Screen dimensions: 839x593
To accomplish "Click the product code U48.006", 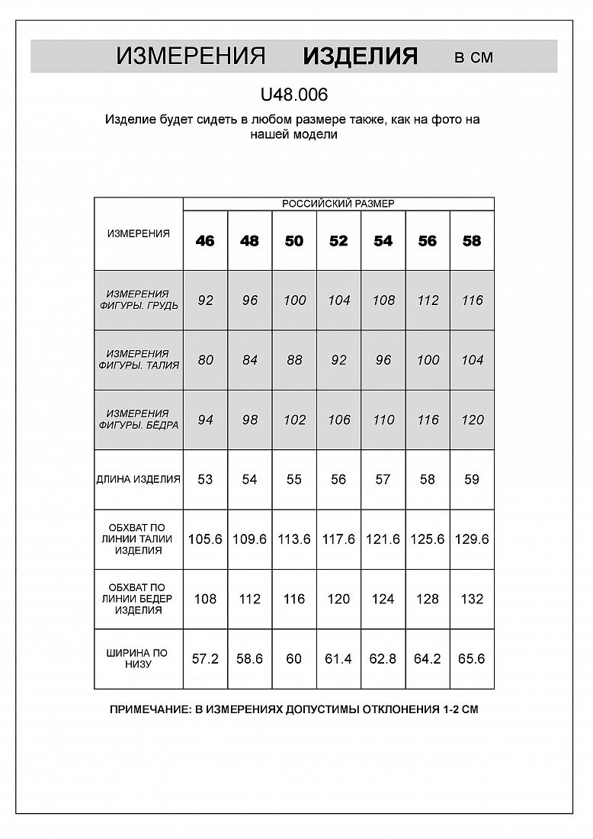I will tap(294, 95).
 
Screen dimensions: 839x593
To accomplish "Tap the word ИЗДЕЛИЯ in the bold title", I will tap(360, 56).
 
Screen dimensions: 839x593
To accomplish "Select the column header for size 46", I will tap(205, 241).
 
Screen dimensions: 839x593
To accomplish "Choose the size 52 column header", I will tap(338, 241).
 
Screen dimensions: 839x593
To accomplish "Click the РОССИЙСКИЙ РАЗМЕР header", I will tap(338, 204).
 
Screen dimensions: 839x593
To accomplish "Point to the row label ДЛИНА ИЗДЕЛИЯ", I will tap(139, 480).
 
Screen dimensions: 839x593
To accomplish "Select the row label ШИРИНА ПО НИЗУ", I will tap(139, 659).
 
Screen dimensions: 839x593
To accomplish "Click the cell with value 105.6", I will tap(205, 539).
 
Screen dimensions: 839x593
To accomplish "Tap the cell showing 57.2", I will tap(205, 659).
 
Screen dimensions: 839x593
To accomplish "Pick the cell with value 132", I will tap(473, 600).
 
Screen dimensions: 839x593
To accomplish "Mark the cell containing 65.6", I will tap(473, 659).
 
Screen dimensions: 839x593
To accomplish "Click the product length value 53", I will tap(205, 480).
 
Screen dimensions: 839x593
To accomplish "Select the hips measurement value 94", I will tap(205, 420).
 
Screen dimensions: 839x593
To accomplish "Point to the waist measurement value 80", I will tap(205, 360).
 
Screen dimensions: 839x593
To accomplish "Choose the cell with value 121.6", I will tap(383, 539).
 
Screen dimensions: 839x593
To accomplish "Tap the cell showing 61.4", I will tap(338, 659).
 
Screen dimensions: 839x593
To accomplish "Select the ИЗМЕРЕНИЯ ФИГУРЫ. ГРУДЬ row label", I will tap(139, 300).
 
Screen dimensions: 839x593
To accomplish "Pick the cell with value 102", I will tap(294, 420).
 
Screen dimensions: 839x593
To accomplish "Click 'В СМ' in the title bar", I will tap(473, 57).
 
